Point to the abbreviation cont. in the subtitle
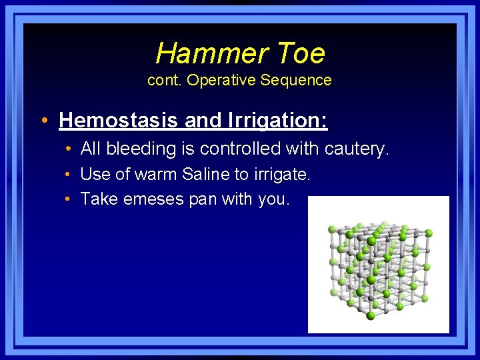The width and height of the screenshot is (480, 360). pos(165,81)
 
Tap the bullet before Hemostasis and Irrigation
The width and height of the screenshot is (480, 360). pos(43,121)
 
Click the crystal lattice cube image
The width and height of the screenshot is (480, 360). pos(378,265)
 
